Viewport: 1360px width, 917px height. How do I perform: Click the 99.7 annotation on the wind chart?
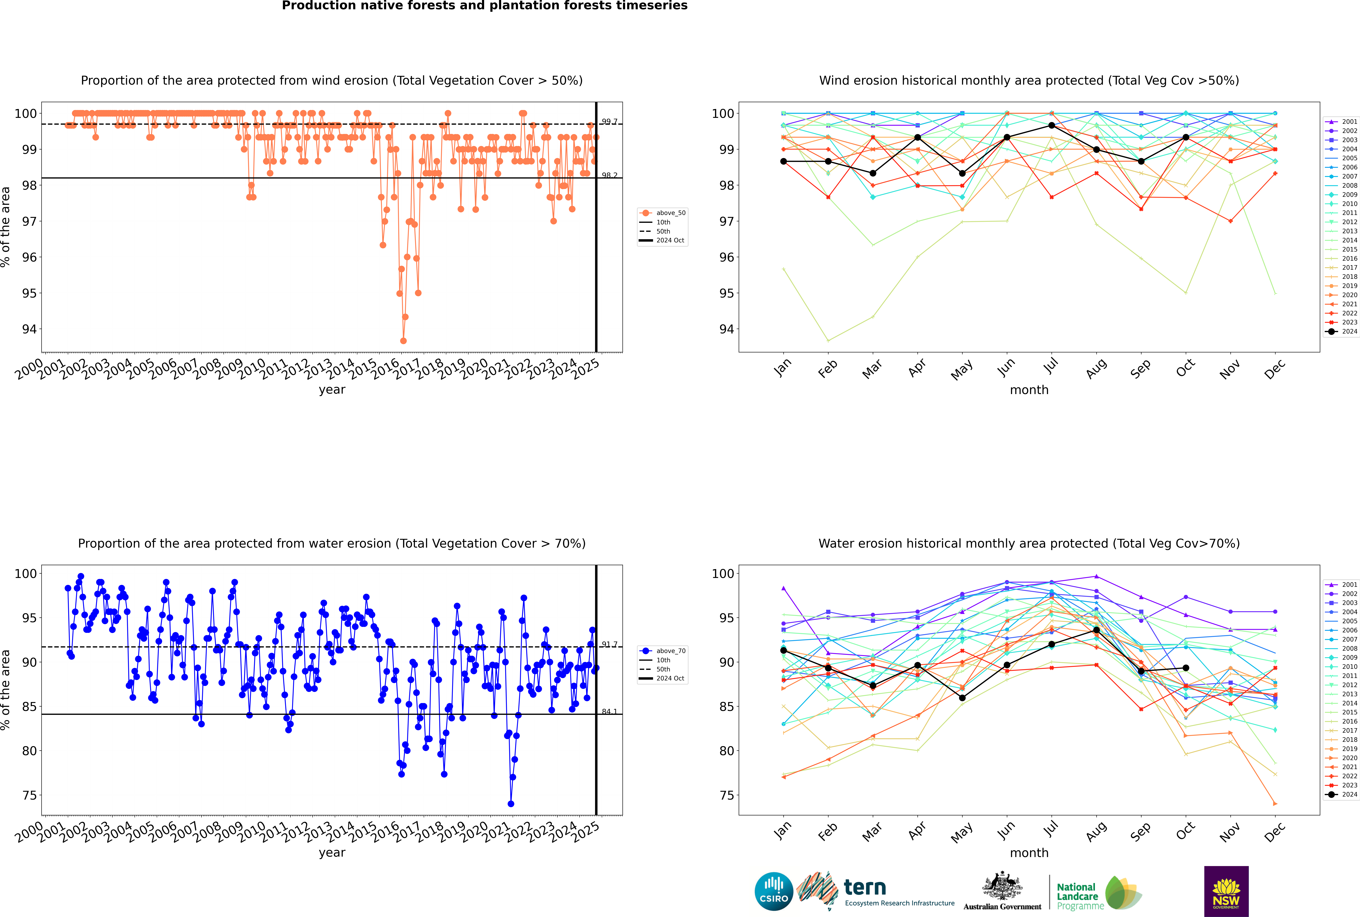(x=609, y=122)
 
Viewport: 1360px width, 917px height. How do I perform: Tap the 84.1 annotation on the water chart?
(x=609, y=712)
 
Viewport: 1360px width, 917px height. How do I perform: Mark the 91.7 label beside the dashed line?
(x=609, y=644)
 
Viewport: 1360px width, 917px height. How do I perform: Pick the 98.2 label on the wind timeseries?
(x=609, y=175)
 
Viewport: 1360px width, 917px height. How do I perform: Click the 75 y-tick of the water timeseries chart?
(x=29, y=795)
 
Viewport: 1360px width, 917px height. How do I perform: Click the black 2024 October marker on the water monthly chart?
(x=1186, y=668)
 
